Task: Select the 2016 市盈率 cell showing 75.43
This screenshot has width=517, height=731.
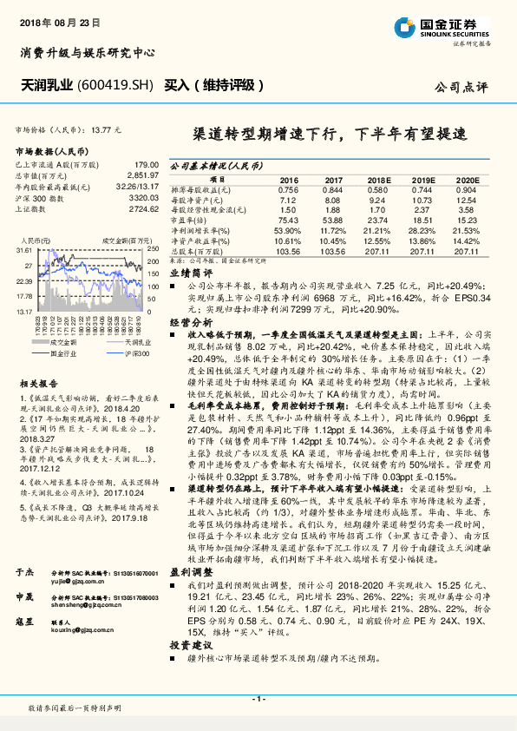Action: [x=288, y=221]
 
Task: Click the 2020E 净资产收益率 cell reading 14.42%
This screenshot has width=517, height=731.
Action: [x=467, y=240]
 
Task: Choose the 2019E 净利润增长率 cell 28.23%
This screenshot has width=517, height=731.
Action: [x=422, y=230]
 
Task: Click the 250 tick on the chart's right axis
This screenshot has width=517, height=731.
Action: [x=153, y=249]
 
